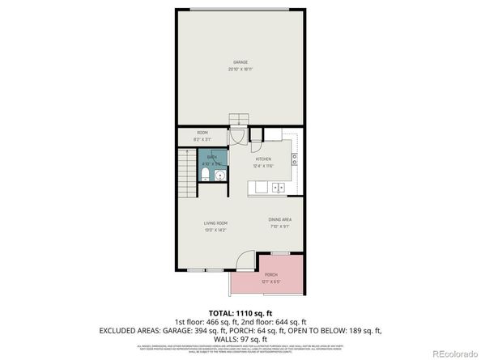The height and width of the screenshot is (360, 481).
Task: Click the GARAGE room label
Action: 240,62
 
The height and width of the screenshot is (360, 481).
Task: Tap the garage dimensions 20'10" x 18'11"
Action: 240,70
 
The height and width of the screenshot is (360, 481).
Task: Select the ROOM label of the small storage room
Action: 202,133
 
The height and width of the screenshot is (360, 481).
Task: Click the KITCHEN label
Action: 264,159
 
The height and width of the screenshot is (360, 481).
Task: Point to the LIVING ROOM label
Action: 215,222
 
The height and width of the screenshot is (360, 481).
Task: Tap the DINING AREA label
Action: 280,219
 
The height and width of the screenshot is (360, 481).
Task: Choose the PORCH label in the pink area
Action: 271,275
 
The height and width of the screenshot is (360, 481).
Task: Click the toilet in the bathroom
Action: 206,176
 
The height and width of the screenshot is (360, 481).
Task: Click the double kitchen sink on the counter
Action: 277,188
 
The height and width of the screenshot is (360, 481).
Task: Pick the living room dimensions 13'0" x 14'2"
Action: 215,230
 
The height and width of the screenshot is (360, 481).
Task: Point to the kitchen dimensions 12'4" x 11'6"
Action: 264,166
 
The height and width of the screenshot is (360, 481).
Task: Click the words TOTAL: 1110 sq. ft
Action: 240,312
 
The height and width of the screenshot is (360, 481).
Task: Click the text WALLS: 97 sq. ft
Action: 240,339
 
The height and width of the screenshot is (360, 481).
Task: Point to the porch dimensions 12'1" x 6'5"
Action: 271,282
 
